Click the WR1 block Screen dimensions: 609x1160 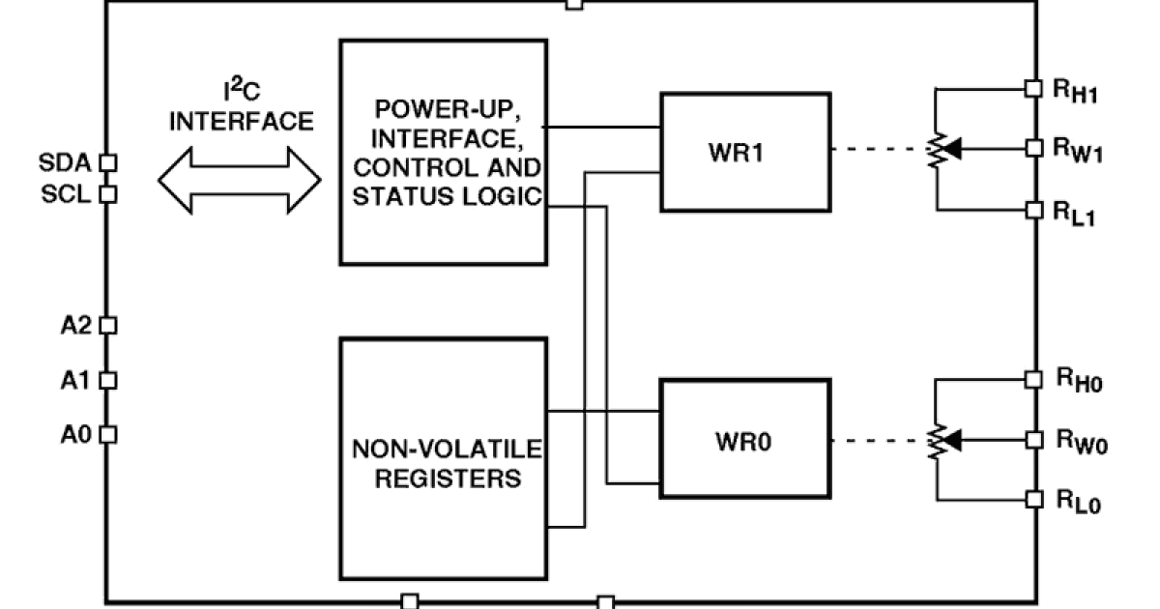point(743,152)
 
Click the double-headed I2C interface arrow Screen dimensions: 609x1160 point(240,179)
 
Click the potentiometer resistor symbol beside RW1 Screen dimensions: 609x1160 point(935,151)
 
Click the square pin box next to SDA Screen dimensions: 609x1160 point(108,161)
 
